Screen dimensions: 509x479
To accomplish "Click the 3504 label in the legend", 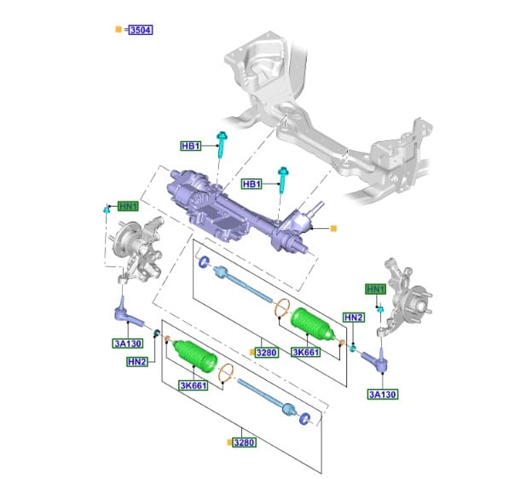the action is click(141, 30).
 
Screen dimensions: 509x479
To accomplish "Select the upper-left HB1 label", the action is click(190, 146).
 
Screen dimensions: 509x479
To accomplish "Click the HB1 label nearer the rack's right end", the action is click(252, 184).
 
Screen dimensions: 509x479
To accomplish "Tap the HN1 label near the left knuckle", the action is click(128, 206).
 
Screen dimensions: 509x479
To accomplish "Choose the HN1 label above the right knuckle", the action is click(376, 289).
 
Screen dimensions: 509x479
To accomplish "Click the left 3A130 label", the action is click(128, 343).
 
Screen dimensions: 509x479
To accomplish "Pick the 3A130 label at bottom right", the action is click(383, 394).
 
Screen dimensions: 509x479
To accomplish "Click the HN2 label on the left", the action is click(137, 362).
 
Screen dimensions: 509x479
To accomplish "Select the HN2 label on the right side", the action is click(354, 318).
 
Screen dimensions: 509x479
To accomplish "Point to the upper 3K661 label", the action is click(306, 352).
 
